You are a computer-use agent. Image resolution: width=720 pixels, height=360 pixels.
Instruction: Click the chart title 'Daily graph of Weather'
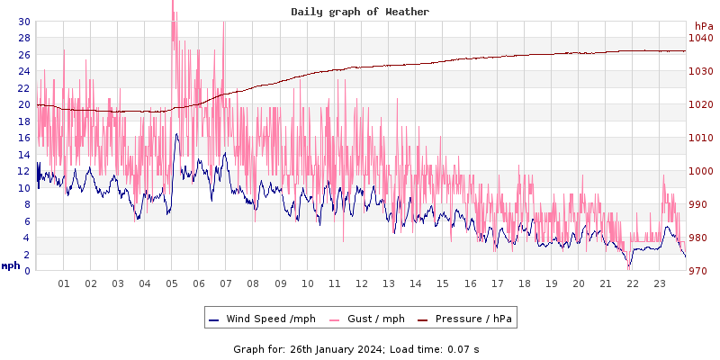pyautogui.click(x=360, y=12)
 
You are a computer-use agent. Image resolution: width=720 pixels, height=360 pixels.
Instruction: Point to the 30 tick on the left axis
pyautogui.click(x=22, y=22)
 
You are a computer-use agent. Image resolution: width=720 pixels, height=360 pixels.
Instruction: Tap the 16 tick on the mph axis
pyautogui.click(x=22, y=138)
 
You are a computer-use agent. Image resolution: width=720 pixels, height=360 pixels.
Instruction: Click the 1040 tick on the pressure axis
pyautogui.click(x=699, y=38)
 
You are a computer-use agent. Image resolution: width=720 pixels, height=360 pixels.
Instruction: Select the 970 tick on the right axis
pyautogui.click(x=699, y=271)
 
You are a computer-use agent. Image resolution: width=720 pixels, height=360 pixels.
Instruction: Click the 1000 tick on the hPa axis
pyautogui.click(x=699, y=171)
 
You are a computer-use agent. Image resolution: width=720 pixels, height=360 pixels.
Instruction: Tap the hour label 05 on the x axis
pyautogui.click(x=172, y=283)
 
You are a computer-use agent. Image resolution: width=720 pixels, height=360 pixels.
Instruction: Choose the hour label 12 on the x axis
pyautogui.click(x=362, y=283)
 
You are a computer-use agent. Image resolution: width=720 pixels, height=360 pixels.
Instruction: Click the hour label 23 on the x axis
pyautogui.click(x=660, y=283)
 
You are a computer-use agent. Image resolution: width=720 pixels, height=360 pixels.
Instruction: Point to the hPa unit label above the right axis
pyautogui.click(x=703, y=25)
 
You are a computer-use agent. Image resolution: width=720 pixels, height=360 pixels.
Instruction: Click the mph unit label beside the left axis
pyautogui.click(x=10, y=265)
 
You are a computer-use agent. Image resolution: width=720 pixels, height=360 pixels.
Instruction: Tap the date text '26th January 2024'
pyautogui.click(x=331, y=348)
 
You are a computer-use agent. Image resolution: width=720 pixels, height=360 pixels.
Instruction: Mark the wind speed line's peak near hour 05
pyautogui.click(x=176, y=134)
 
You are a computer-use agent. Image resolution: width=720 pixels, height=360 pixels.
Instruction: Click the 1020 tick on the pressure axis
pyautogui.click(x=699, y=104)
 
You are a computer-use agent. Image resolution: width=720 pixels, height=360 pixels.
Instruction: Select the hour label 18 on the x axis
pyautogui.click(x=524, y=283)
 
